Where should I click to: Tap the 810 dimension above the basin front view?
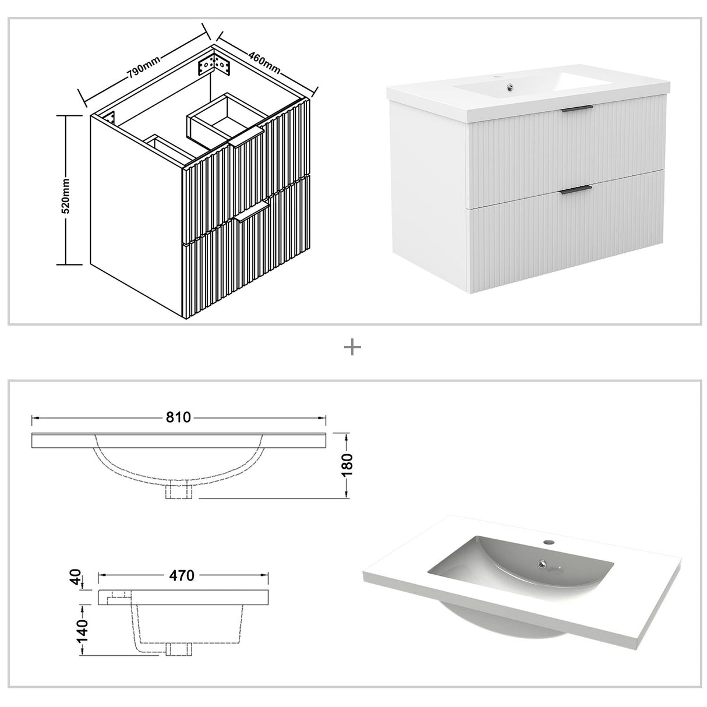coord(179,418)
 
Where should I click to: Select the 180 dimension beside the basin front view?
coord(347,465)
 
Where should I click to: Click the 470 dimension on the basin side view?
coord(182,575)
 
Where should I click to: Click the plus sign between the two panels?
coord(353,348)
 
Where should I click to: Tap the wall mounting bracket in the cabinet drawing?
coord(214,66)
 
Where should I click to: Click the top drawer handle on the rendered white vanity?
coord(577,108)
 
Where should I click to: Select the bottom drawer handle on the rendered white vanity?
coord(576,188)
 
